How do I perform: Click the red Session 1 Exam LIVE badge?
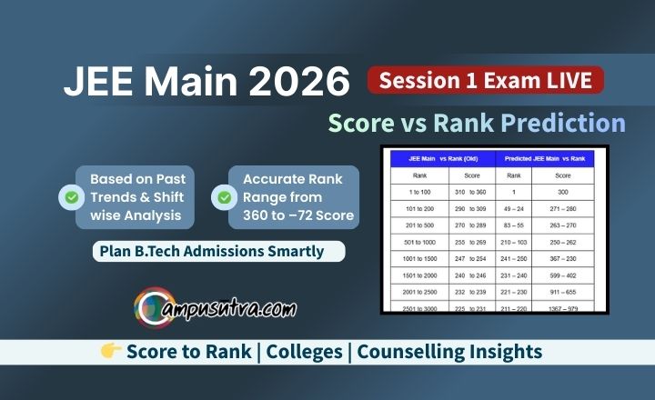coord(485,80)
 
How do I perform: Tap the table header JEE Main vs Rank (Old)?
coord(441,158)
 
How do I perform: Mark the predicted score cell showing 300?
coord(564,194)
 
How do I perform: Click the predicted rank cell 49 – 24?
coord(513,208)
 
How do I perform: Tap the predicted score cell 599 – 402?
coord(564,275)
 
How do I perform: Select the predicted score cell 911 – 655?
coord(564,291)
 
